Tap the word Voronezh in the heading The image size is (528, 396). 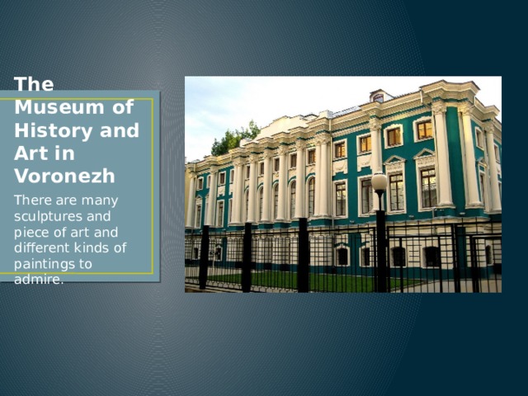[64, 176]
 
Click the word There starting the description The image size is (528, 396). [30, 200]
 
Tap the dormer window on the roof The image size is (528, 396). [378, 97]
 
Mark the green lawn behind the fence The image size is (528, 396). [330, 280]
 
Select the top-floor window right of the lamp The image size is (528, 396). [394, 136]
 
